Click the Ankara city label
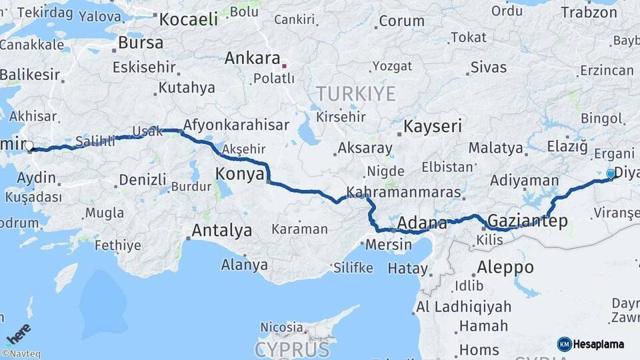(251, 58)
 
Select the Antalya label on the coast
(221, 231)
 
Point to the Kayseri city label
(433, 125)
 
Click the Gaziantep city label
(527, 220)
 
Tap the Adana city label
(422, 223)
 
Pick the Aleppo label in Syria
(505, 267)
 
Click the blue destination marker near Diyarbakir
(611, 174)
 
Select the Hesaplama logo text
(598, 344)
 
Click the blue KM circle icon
(564, 344)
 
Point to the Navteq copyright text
(21, 354)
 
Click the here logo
(18, 334)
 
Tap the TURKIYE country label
(355, 94)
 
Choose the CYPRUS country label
(291, 349)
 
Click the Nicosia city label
(281, 327)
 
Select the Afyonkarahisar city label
(235, 125)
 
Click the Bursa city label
(140, 43)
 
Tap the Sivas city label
(488, 67)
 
